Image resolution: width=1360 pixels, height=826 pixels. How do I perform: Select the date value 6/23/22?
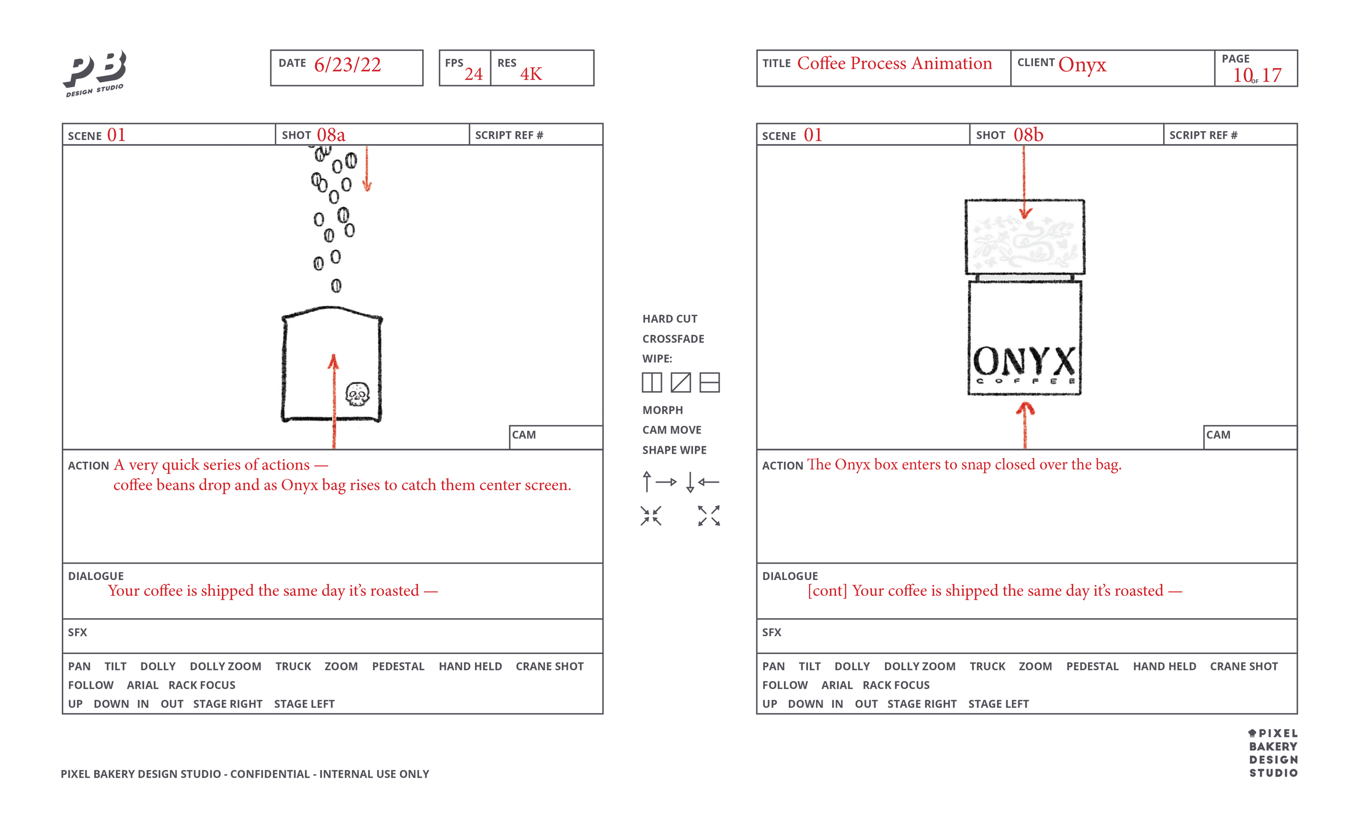click(347, 65)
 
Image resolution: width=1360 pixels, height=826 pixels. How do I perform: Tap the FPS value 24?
click(473, 74)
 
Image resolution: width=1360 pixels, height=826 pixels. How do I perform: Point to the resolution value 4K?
click(531, 74)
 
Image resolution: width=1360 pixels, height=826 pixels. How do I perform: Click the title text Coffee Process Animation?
click(894, 64)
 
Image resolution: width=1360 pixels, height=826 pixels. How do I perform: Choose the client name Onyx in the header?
click(1082, 65)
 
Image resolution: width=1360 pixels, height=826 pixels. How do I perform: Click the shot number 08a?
click(331, 135)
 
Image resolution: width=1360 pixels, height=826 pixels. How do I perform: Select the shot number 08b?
click(1028, 135)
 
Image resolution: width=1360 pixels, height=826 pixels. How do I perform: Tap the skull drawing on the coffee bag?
click(357, 393)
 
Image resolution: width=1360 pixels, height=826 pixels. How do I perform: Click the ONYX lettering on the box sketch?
click(1024, 361)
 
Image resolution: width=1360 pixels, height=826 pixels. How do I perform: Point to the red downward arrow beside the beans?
click(367, 168)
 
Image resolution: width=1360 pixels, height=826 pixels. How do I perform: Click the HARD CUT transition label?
click(670, 318)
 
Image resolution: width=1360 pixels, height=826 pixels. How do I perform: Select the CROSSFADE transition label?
click(673, 338)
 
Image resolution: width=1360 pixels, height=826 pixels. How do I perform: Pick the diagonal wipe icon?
click(681, 382)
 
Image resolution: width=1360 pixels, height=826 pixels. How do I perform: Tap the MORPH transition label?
click(663, 410)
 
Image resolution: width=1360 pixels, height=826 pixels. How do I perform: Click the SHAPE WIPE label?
click(674, 449)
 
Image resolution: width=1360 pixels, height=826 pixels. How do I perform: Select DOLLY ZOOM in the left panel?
click(225, 666)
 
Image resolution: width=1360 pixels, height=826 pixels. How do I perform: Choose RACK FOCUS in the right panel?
click(896, 685)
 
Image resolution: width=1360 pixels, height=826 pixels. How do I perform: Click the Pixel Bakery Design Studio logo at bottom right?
click(1273, 753)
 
